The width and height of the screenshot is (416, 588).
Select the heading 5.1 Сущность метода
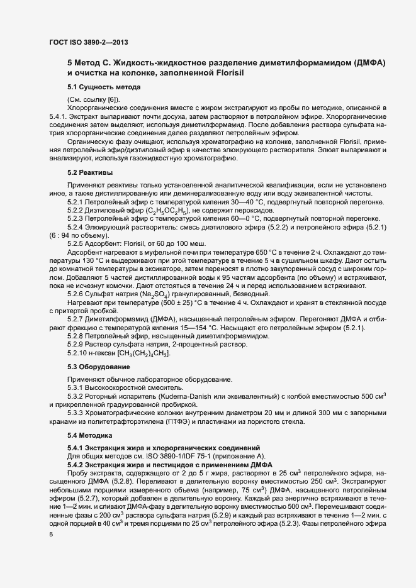(x=103, y=86)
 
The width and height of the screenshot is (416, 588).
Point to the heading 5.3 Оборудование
(x=99, y=366)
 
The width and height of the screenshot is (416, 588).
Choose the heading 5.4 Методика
(x=90, y=435)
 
